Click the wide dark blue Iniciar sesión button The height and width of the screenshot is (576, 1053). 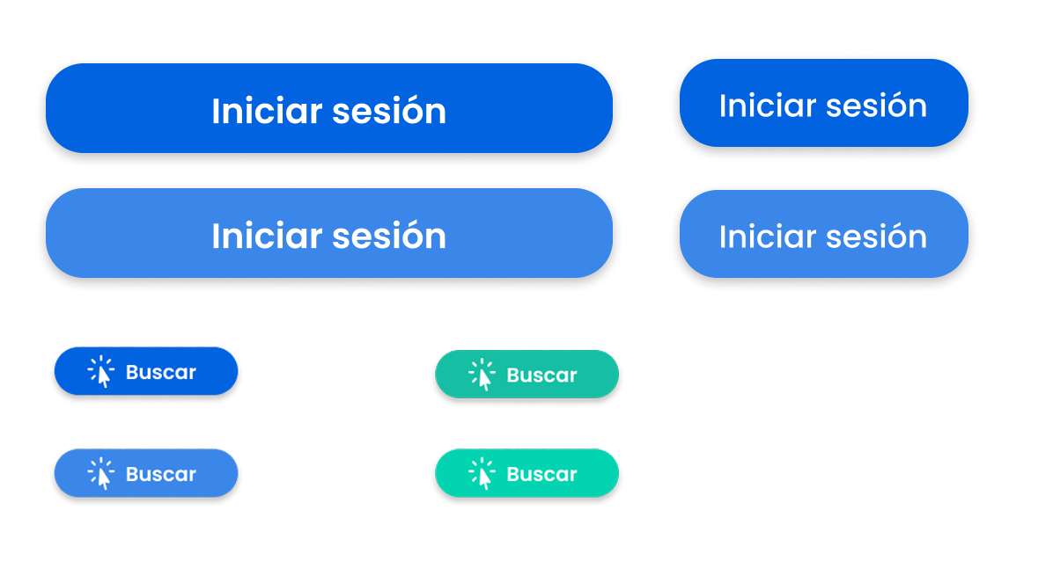tap(329, 108)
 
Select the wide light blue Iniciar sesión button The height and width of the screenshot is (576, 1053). tap(329, 233)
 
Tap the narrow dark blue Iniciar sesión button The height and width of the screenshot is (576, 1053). tap(824, 103)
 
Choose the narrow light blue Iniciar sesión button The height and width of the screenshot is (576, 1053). tap(824, 234)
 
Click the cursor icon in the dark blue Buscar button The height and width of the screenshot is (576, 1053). tap(101, 372)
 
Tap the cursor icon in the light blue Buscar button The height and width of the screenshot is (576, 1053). tap(101, 474)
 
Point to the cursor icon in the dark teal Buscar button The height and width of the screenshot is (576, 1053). tap(482, 375)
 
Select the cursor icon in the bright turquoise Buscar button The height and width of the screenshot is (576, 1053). tap(482, 474)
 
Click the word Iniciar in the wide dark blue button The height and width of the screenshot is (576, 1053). tap(268, 111)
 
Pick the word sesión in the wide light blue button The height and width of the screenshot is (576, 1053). tap(389, 236)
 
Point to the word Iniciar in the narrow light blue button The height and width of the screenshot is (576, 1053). tap(768, 237)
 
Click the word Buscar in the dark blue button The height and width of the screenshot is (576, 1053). tap(161, 372)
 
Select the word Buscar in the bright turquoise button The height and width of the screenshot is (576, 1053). tap(542, 474)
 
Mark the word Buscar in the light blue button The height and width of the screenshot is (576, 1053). tap(161, 474)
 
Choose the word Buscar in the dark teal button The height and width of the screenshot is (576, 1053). tap(542, 375)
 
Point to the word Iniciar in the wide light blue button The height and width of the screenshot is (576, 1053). tap(268, 236)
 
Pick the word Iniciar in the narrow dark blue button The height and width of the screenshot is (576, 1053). tap(768, 106)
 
